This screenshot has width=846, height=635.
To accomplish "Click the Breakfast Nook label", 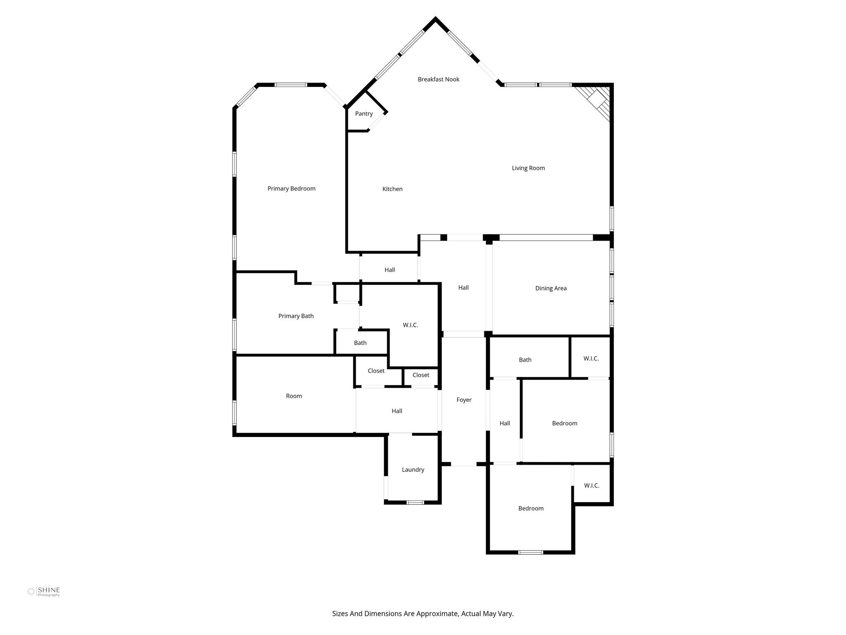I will point(438,79).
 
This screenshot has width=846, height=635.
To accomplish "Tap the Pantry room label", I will point(364,114).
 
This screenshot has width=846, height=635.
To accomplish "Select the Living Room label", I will point(528,168).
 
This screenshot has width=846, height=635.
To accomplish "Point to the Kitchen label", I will point(392,189).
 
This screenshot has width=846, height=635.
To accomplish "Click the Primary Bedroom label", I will point(291,189).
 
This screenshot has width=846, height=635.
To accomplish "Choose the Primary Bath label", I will point(296,316).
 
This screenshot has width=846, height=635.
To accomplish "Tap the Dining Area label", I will point(551,288).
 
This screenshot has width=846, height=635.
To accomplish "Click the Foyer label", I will point(464,400).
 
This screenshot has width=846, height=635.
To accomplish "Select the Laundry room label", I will point(413,470).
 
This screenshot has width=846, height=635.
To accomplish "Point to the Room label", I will point(294,396).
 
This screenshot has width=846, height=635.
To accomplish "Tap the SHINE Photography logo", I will point(44,592).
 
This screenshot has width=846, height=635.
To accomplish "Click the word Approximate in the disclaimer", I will point(437,614).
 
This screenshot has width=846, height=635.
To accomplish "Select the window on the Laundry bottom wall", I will point(415,502).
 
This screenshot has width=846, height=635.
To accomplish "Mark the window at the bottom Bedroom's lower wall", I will point(530,552).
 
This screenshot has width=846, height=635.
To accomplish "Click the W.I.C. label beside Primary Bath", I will point(410,325).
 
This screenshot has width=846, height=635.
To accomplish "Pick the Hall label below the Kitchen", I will point(390,270).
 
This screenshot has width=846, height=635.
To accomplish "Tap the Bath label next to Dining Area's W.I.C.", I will point(525,360).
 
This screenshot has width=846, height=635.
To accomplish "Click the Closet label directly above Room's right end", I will point(376,371).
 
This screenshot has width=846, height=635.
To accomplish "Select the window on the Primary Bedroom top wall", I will point(291,85).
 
